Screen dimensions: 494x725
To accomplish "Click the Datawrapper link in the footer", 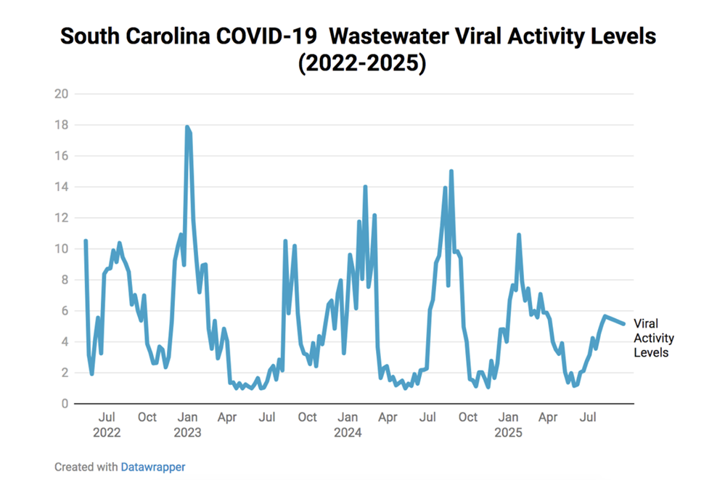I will (152, 467).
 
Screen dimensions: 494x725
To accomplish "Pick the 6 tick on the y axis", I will (64, 311).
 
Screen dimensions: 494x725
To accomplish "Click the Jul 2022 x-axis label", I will (107, 425).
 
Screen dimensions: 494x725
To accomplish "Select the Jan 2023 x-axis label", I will (187, 425).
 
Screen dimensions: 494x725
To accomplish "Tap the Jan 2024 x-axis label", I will (348, 425).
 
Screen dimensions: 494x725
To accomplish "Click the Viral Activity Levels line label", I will (653, 338).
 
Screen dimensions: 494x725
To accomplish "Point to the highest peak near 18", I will (187, 128).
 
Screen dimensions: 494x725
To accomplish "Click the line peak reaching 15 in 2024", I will (451, 172).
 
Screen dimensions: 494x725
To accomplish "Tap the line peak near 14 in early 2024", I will (365, 187).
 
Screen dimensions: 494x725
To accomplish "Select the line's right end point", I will (623, 324).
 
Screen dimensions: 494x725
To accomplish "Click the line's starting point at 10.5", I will (86, 241).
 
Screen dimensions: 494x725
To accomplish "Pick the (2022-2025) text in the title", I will (361, 63).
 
